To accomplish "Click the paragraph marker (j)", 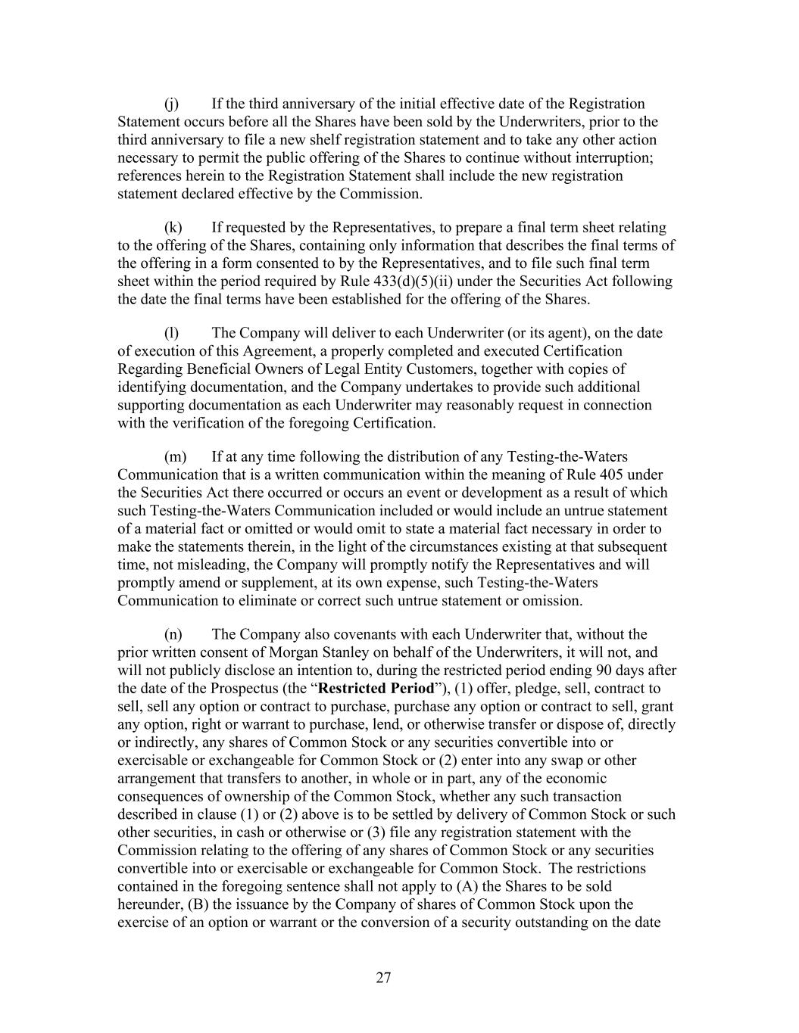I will coord(171,104).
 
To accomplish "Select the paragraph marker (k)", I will coord(173,227).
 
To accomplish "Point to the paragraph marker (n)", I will coord(173,634).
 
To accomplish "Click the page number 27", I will coord(383,978).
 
